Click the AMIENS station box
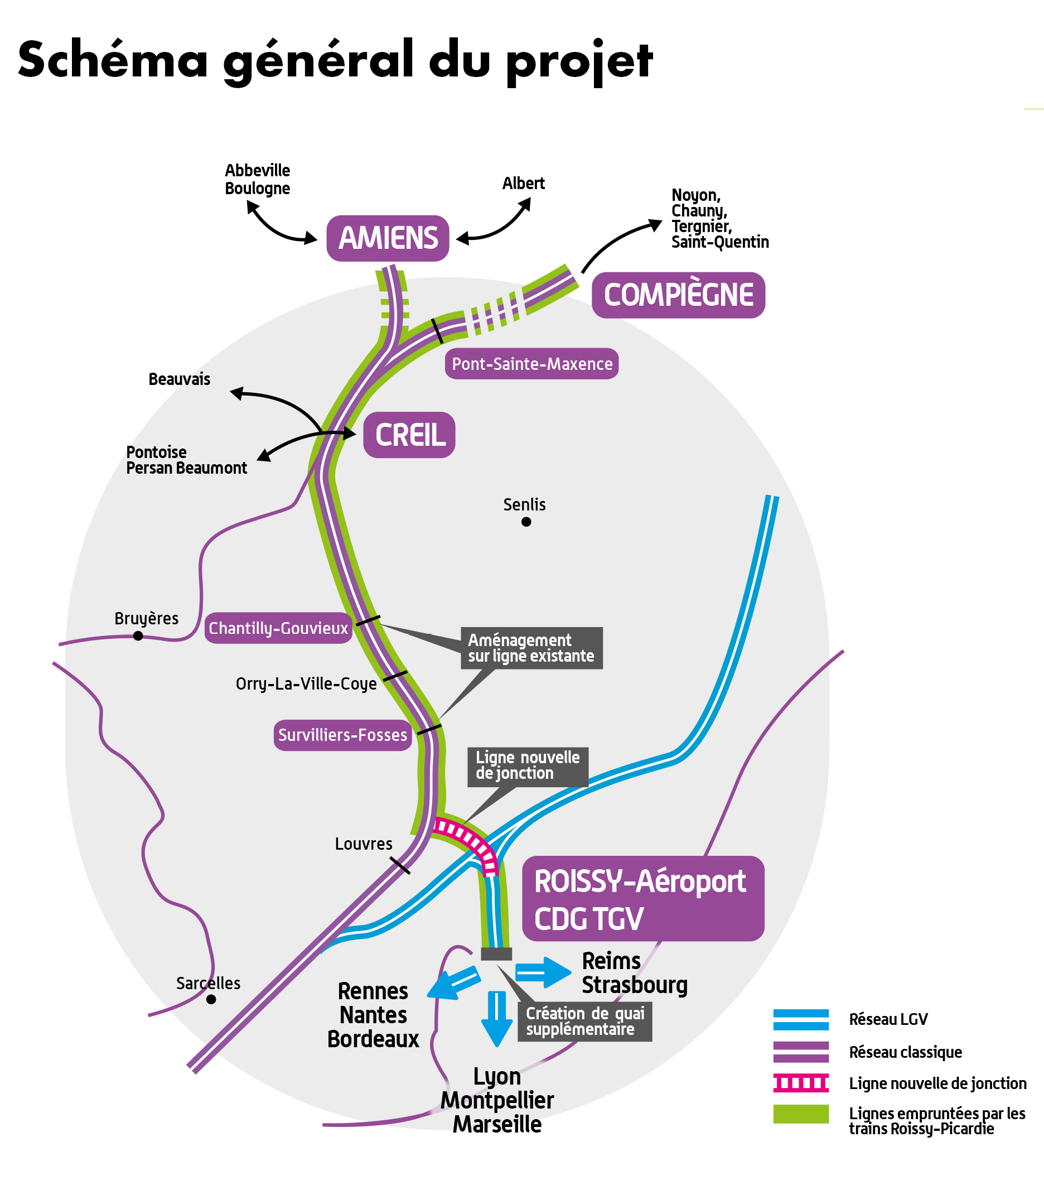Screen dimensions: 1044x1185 [388, 238]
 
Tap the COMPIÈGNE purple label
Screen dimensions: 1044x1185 [678, 295]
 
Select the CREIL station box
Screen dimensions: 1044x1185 [409, 435]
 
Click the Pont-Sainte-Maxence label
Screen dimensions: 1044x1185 [531, 364]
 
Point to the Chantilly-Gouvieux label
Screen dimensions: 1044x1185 [278, 628]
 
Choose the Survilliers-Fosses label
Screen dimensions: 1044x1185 [342, 735]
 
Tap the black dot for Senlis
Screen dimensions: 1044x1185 [526, 522]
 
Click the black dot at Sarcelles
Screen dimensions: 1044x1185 [211, 999]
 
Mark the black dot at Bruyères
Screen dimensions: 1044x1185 [138, 636]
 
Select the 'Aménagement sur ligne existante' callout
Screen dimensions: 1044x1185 [531, 648]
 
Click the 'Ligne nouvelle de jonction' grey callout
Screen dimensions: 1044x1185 [528, 767]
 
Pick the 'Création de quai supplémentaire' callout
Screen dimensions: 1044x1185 [584, 1022]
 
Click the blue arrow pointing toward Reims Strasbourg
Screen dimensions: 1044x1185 [543, 972]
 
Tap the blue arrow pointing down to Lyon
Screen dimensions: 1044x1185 [496, 1019]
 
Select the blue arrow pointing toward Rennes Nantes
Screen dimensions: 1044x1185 [454, 981]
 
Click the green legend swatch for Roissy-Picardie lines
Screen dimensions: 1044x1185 [800, 1114]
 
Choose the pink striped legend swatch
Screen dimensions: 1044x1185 [800, 1083]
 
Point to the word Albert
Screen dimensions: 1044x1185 [524, 183]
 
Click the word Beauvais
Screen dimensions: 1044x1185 [179, 379]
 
